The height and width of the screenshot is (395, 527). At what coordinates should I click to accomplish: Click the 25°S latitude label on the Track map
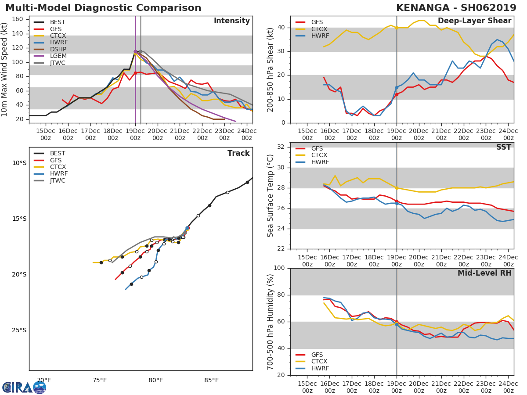[19, 330]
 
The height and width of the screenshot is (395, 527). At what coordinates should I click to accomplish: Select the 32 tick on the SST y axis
[281, 147]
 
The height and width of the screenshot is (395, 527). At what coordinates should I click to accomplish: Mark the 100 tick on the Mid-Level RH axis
[279, 268]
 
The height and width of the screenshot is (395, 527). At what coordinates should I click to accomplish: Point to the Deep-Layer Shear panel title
[474, 21]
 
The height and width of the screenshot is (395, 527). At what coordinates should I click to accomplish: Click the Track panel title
[238, 153]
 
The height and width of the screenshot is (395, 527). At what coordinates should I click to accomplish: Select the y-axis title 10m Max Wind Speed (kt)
[5, 69]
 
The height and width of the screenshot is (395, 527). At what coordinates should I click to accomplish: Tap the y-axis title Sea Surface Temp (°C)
[271, 196]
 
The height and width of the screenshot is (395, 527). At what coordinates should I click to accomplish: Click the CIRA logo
[24, 387]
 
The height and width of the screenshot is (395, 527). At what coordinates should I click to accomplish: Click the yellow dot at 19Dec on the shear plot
[397, 28]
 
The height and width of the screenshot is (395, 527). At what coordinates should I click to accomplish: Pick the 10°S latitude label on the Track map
[19, 163]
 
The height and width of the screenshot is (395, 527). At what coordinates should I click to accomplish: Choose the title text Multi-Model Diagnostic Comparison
[103, 8]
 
